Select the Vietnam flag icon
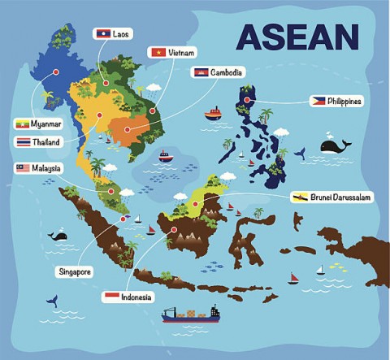click(158, 52)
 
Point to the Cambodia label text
click(225, 72)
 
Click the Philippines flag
click(318, 101)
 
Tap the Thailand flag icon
click(24, 141)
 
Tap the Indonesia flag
click(110, 297)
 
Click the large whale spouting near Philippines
click(333, 146)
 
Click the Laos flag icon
click(102, 34)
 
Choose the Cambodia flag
click(200, 72)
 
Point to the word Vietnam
click(183, 52)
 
